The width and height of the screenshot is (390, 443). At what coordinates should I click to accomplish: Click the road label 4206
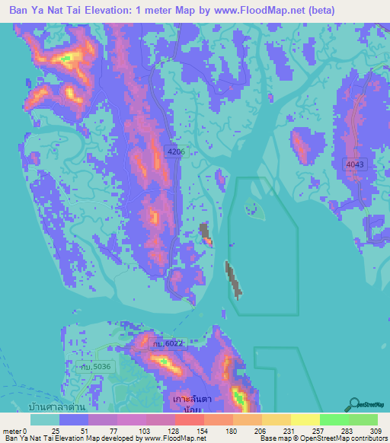[176, 152]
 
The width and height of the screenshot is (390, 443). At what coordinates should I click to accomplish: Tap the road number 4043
[355, 164]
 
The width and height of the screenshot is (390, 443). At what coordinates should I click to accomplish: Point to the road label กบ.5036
[98, 368]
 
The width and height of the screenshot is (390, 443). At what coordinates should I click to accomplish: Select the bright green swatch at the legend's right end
[363, 419]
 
